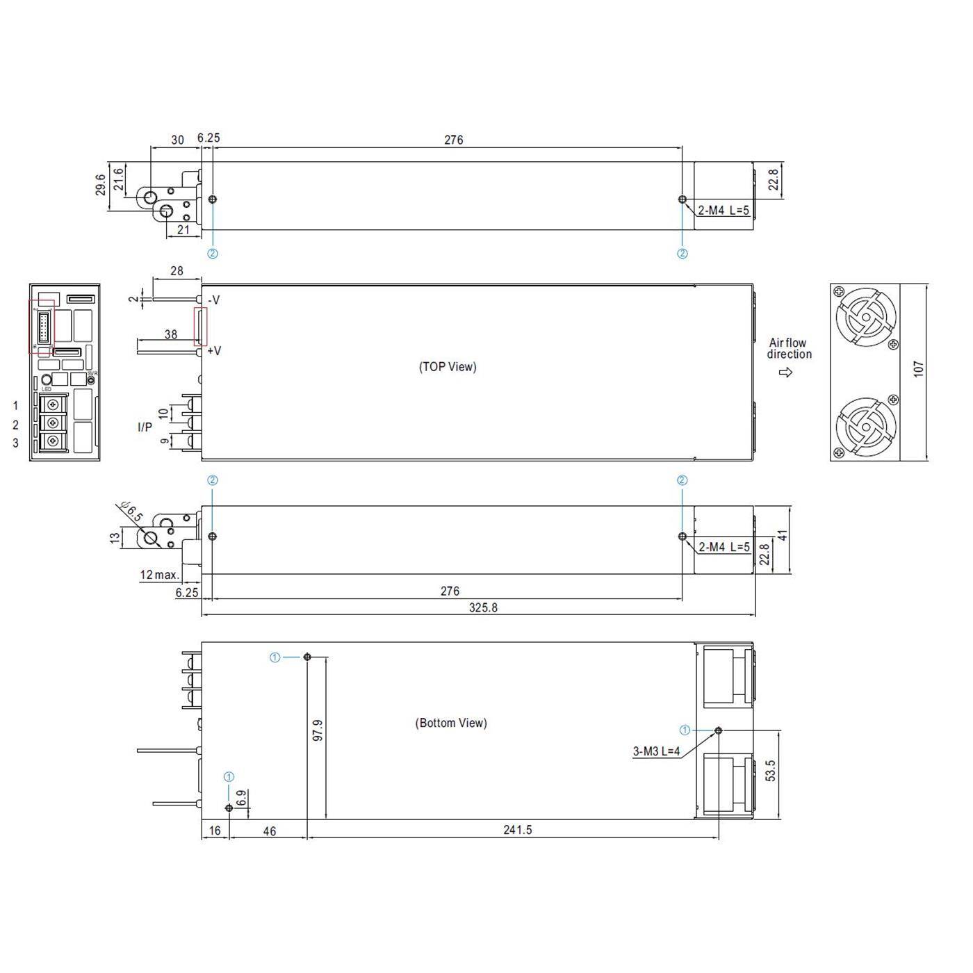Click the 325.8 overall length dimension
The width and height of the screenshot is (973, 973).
(483, 607)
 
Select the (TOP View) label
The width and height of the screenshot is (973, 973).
(448, 367)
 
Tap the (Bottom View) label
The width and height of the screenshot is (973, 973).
(451, 723)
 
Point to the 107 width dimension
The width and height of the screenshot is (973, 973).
(919, 368)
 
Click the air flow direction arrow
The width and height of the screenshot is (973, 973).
(786, 373)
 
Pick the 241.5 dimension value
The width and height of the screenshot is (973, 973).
(517, 830)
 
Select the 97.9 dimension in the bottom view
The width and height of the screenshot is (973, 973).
(318, 730)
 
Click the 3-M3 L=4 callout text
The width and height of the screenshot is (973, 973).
(656, 751)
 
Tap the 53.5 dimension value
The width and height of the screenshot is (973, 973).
(771, 771)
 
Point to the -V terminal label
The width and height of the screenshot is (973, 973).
(213, 300)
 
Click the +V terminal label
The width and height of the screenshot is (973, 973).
(214, 351)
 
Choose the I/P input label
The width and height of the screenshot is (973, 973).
(145, 427)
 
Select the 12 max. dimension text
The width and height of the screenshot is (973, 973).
(159, 575)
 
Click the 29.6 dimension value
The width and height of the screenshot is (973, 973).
(101, 184)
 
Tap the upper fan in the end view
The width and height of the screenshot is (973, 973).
(866, 318)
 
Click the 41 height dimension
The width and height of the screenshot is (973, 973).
(783, 536)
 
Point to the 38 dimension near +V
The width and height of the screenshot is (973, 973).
(171, 334)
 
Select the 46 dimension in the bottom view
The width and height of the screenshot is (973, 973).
(269, 831)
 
